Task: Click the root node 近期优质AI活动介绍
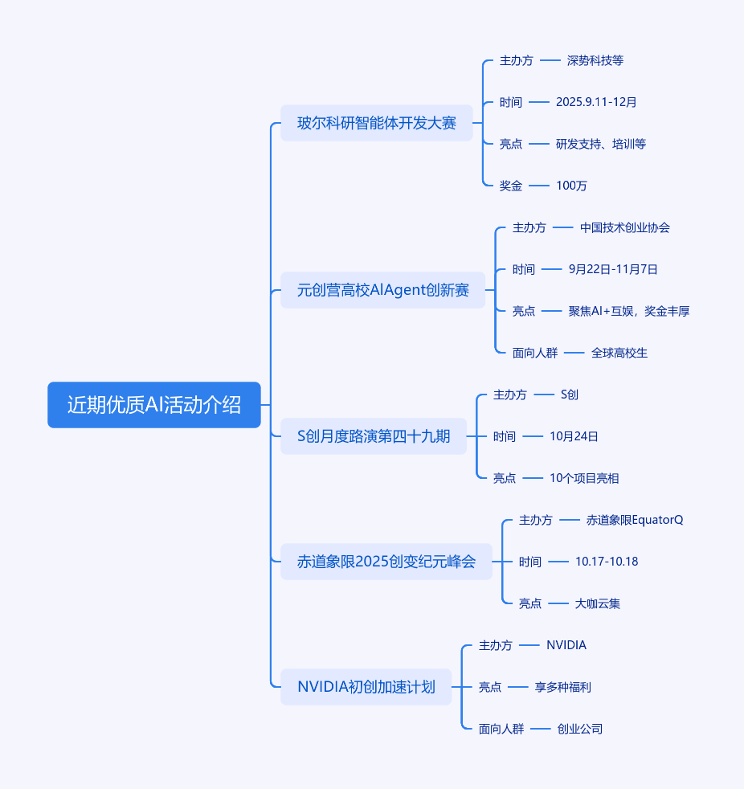[154, 405]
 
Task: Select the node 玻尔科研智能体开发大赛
[377, 123]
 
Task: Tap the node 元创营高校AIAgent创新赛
[383, 290]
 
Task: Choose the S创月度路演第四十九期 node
[374, 436]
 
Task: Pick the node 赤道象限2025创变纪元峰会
[386, 562]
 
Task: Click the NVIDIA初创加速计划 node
[366, 687]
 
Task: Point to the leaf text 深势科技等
[595, 60]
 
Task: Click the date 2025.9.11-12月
[596, 102]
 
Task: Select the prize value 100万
[571, 186]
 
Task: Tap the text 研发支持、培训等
[601, 144]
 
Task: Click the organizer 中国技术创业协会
[625, 227]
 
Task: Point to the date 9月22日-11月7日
[613, 269]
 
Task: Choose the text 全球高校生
[619, 353]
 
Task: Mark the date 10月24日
[574, 436]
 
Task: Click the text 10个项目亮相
[584, 478]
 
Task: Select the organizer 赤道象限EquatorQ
[635, 520]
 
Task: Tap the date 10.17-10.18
[607, 562]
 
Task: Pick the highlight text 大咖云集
[598, 603]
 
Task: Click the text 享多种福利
[563, 687]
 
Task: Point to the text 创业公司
[580, 729]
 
